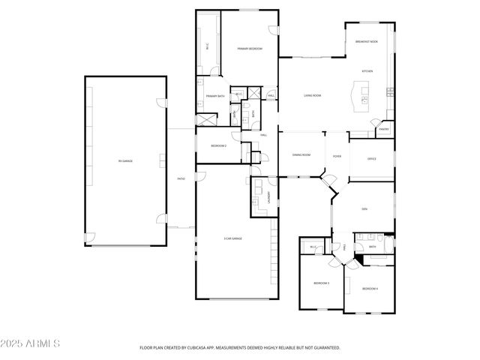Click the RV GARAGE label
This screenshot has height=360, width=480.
click(x=125, y=160)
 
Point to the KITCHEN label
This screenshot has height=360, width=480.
click(x=367, y=71)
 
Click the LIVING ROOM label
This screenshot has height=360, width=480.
click(x=313, y=95)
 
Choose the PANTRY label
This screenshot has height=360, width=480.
click(x=383, y=129)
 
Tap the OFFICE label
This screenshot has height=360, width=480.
click(x=371, y=159)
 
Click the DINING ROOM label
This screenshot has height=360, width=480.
click(x=301, y=154)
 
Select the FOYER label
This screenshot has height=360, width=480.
click(x=337, y=155)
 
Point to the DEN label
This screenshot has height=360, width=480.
click(x=364, y=208)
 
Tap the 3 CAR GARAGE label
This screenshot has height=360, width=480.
click(x=232, y=238)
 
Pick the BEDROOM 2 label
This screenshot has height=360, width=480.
click(x=218, y=145)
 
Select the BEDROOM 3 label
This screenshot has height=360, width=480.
click(x=322, y=283)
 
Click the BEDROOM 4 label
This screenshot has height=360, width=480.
click(x=370, y=289)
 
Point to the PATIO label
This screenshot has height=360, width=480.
click(x=181, y=178)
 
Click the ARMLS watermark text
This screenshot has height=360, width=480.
click(x=30, y=343)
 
